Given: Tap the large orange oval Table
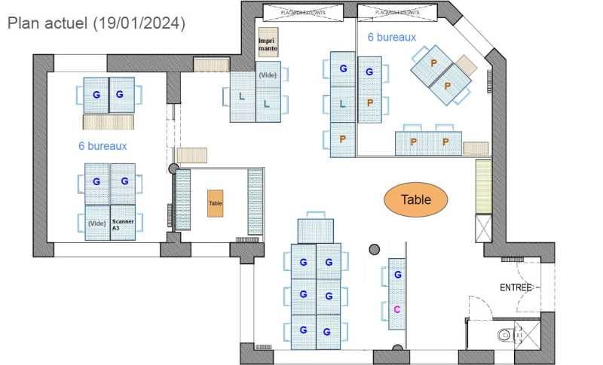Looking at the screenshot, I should point(416,199).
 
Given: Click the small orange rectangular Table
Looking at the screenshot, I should point(216,203).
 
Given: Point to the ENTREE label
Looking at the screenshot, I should point(516,287).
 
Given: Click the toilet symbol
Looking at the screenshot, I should point(504,335).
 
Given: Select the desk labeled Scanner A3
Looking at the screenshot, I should point(123,224).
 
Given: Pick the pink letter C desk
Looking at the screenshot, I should point(396,309).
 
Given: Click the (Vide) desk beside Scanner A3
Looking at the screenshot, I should point(97,224).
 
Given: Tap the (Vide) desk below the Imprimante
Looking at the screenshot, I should point(268,75).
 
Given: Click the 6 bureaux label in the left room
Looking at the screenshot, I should point(103,145).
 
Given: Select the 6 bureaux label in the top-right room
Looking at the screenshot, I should point(392,36).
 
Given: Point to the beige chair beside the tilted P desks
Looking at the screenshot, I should point(467,65).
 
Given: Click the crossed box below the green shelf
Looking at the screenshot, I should point(483,228).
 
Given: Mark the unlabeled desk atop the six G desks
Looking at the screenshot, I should point(316,230).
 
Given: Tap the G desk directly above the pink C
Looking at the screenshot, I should point(396,275).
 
